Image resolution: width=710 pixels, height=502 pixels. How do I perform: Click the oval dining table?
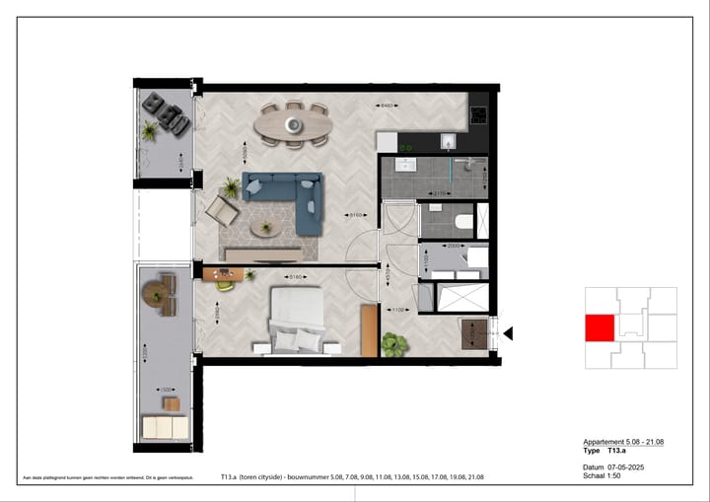point(293,124)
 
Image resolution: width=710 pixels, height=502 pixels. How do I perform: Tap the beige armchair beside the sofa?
point(221,210)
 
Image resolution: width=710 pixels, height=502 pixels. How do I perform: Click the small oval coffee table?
point(263,229)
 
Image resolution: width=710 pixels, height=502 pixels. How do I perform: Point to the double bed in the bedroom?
point(297,320)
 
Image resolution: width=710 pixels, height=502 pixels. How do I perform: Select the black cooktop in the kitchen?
point(479,113)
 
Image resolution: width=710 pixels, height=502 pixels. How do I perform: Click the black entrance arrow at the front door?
point(509,334)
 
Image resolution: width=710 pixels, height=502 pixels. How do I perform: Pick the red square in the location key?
point(600,328)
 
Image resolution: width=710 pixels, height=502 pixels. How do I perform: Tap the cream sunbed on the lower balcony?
point(164,427)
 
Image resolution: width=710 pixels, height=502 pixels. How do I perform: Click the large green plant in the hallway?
point(394,344)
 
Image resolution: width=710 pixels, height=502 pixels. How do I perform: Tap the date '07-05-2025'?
point(625,468)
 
